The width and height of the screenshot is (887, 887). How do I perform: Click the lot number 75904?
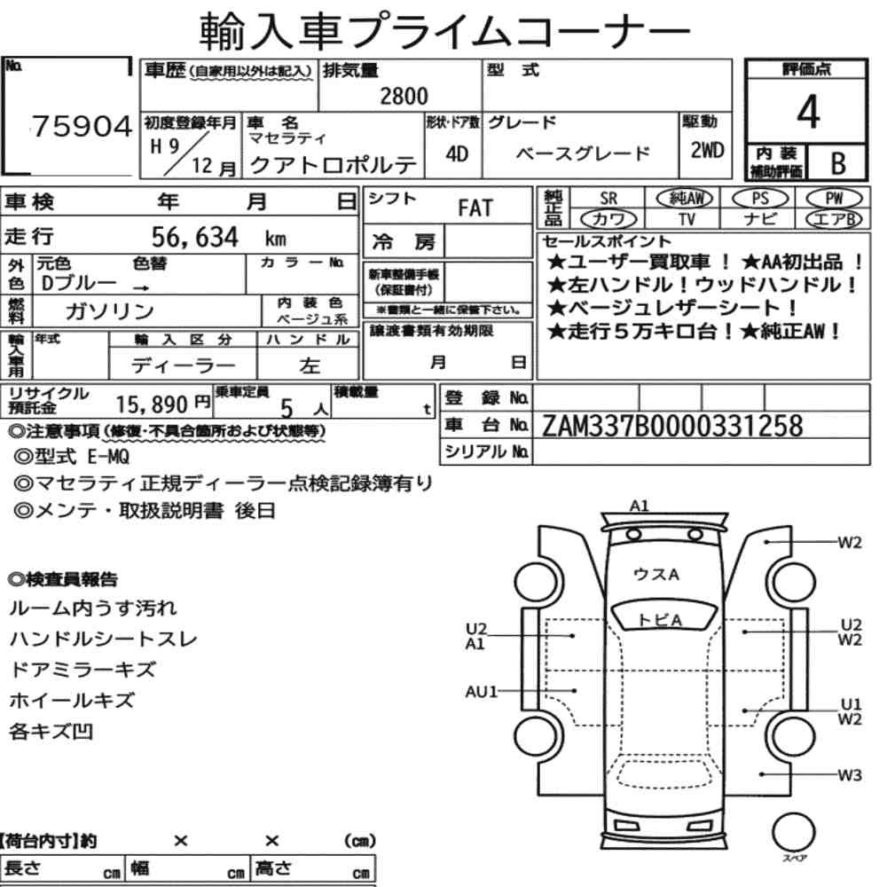coord(82,127)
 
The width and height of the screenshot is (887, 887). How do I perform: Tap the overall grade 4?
coord(808,112)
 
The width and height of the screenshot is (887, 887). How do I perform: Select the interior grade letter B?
coord(838,163)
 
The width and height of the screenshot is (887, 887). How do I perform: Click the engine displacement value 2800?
coord(404,96)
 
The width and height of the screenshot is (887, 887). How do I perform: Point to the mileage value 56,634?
coord(195,237)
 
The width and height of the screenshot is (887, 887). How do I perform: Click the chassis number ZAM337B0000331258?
coord(672,426)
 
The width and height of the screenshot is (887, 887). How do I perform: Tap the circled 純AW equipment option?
coord(685,198)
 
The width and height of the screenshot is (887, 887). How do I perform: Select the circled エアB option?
coord(834,219)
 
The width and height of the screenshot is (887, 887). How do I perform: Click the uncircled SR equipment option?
coord(608,199)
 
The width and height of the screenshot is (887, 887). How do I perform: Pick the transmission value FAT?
coord(475,208)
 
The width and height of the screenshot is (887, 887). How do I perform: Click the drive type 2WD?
coord(707,151)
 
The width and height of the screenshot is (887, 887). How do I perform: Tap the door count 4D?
coord(457,153)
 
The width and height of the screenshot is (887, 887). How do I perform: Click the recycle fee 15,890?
coord(152,404)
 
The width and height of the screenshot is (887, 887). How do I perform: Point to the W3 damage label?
coord(850,774)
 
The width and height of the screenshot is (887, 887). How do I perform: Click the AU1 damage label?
coord(481,691)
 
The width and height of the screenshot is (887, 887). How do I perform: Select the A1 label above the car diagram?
coord(640,506)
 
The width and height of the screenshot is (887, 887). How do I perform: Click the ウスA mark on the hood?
coord(655,575)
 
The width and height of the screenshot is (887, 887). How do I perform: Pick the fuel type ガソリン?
coord(110,311)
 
